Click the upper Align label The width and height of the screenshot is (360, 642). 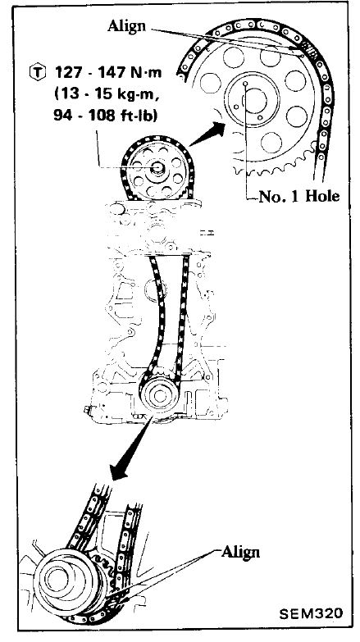[126, 25]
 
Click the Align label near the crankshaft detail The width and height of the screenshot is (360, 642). [240, 552]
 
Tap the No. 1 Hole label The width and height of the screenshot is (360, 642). [299, 197]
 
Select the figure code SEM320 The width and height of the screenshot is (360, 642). [311, 613]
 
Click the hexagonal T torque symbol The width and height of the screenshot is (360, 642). [37, 72]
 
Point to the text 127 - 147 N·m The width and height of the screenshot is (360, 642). [108, 72]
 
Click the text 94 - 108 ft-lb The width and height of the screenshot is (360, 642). [107, 115]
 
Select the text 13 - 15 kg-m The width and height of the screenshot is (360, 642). [107, 93]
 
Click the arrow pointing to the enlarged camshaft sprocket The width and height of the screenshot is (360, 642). [207, 134]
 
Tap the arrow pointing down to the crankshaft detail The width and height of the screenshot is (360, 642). [132, 448]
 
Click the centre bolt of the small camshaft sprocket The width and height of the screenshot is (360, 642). [157, 168]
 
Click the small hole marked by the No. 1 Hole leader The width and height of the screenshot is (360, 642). [245, 84]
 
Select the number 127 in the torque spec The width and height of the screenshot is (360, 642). [66, 72]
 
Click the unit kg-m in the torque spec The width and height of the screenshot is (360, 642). [138, 94]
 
